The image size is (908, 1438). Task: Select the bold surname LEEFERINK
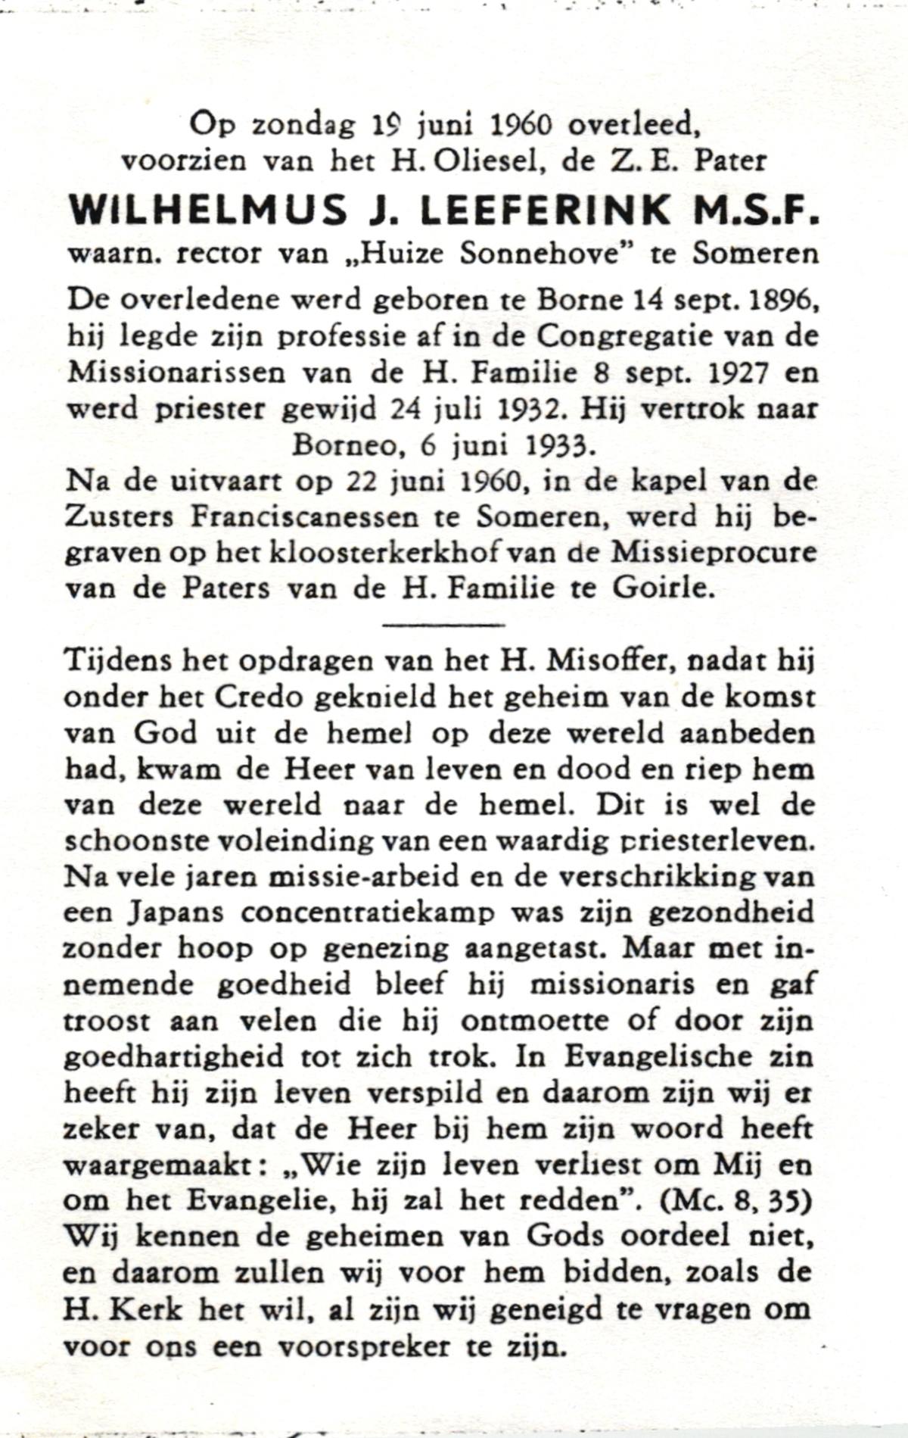pos(544,210)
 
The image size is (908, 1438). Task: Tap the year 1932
pos(542,410)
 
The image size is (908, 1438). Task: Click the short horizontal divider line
pos(443,625)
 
